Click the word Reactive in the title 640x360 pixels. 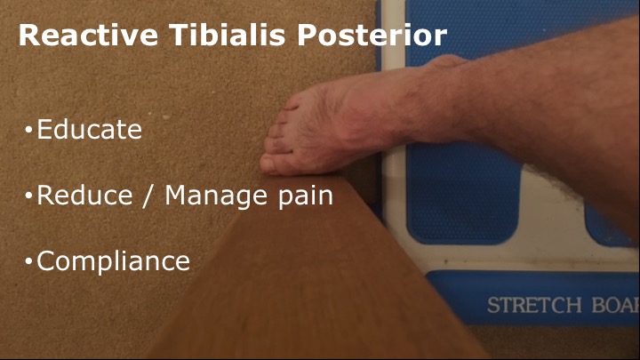pos(88,35)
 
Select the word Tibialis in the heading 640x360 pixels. pos(228,35)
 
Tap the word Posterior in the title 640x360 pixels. pos(372,35)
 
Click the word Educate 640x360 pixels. pos(90,130)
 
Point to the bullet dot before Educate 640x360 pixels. pos(28,130)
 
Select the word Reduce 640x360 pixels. pos(85,195)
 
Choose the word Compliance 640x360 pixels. pos(114,261)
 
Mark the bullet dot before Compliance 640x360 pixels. pos(28,261)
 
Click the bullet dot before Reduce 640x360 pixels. pos(28,196)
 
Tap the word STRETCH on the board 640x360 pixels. pos(534,305)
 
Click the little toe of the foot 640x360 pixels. pos(292,105)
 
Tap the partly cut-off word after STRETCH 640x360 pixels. pos(615,305)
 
